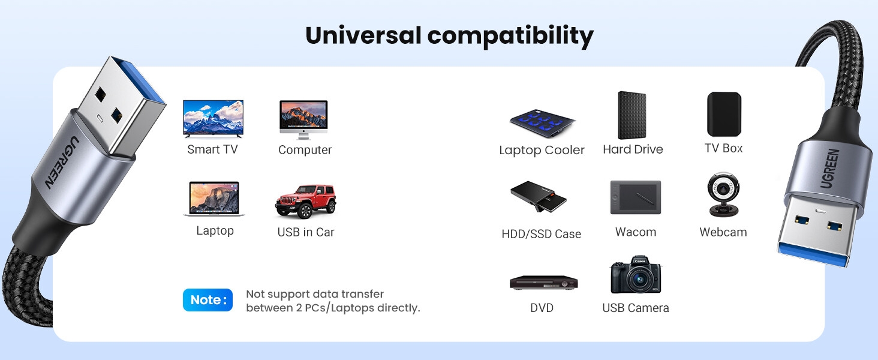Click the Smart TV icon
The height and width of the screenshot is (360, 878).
(213, 118)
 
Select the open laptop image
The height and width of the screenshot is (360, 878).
(214, 199)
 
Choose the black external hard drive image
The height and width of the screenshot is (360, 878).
(632, 115)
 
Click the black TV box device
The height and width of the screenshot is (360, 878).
(723, 114)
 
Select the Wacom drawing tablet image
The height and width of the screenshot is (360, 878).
(635, 197)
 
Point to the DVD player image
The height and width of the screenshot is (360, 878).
(543, 282)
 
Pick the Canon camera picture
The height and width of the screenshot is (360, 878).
(635, 276)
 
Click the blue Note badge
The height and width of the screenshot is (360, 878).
(208, 300)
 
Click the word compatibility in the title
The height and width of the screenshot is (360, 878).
(510, 36)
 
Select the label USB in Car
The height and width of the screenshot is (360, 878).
(305, 232)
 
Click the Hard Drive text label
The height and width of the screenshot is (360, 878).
(633, 149)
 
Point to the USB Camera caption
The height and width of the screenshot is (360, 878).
(635, 308)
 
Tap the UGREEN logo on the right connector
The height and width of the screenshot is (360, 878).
(830, 169)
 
